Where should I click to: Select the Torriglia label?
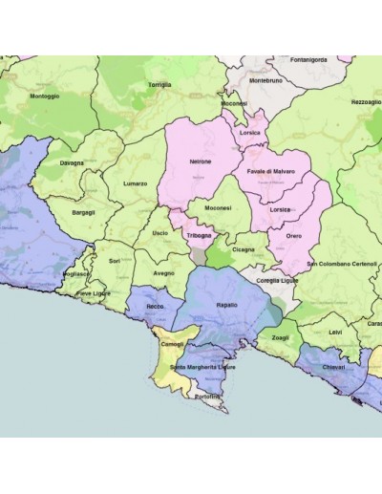click(159, 84)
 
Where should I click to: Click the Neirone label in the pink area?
click(201, 161)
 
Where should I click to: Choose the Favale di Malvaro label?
click(271, 171)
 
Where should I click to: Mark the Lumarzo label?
click(136, 183)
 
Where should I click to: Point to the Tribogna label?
click(200, 235)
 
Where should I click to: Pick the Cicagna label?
click(243, 249)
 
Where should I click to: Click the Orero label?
click(293, 235)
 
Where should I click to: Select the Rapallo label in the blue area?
click(227, 305)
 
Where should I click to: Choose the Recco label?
click(152, 306)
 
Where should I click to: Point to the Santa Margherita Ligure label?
click(202, 368)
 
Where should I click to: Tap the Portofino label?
click(207, 396)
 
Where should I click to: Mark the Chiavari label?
click(333, 367)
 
